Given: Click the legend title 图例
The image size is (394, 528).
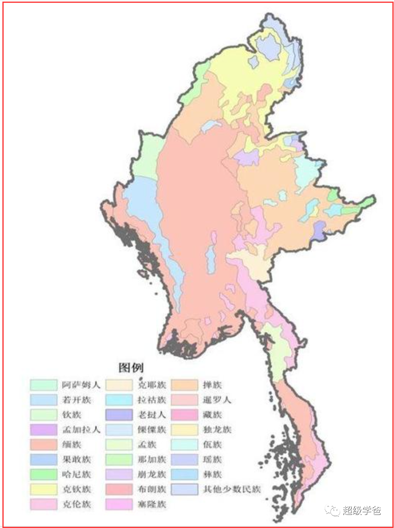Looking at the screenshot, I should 131,367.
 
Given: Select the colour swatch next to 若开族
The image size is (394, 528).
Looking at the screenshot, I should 43,400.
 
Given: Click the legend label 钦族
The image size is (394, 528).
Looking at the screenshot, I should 72,415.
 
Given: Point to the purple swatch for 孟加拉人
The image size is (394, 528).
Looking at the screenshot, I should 43,430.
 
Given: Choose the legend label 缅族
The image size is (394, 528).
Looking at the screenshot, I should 72,445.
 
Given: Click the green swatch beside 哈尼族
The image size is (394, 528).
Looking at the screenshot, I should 43,474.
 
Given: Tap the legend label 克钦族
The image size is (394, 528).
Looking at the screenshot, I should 77,489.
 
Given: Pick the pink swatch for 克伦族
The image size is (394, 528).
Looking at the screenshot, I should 43,504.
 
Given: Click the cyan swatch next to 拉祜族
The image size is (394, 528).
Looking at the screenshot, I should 119,400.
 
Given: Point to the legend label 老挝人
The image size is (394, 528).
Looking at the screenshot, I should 152,415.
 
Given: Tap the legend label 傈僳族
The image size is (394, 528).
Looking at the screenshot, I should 152,430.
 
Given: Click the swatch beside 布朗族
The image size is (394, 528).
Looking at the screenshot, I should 119,489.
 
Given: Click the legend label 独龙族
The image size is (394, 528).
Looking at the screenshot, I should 217,430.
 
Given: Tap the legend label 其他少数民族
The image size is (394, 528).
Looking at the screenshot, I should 232,489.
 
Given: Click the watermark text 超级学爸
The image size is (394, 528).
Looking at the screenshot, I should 362,511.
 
